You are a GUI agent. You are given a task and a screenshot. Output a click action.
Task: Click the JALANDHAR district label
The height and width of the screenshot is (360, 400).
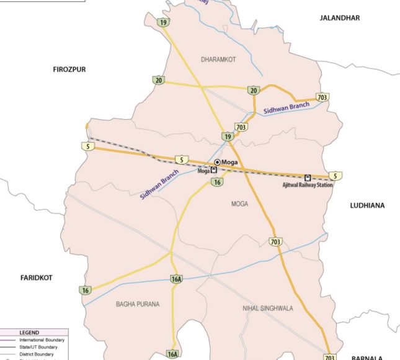coord(339,18)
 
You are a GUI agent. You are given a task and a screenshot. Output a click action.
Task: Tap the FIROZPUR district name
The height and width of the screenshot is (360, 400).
coord(69,69)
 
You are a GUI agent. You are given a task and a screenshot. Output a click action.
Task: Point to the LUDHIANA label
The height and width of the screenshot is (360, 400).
coord(367,205)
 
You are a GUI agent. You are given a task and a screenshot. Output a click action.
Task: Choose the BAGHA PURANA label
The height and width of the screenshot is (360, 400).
coord(138,304)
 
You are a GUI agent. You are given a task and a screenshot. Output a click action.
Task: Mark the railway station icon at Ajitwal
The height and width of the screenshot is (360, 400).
coord(308,178)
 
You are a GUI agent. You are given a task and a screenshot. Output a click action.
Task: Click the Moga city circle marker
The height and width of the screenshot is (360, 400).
coord(217,163)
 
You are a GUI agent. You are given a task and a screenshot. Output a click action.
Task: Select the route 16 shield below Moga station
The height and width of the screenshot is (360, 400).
coord(216,182)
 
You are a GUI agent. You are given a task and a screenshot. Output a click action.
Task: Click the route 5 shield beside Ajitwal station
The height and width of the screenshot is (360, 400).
coord(335,176)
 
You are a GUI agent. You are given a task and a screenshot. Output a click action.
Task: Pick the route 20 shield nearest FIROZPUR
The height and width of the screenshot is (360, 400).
coord(159,80)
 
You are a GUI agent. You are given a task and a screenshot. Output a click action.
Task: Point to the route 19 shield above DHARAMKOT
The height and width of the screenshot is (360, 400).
coord(163,22)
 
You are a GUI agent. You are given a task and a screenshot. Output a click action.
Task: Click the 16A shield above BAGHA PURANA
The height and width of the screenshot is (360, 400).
coord(177,279)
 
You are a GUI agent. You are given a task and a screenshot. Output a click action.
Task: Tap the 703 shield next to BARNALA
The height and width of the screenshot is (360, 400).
coord(329,357)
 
